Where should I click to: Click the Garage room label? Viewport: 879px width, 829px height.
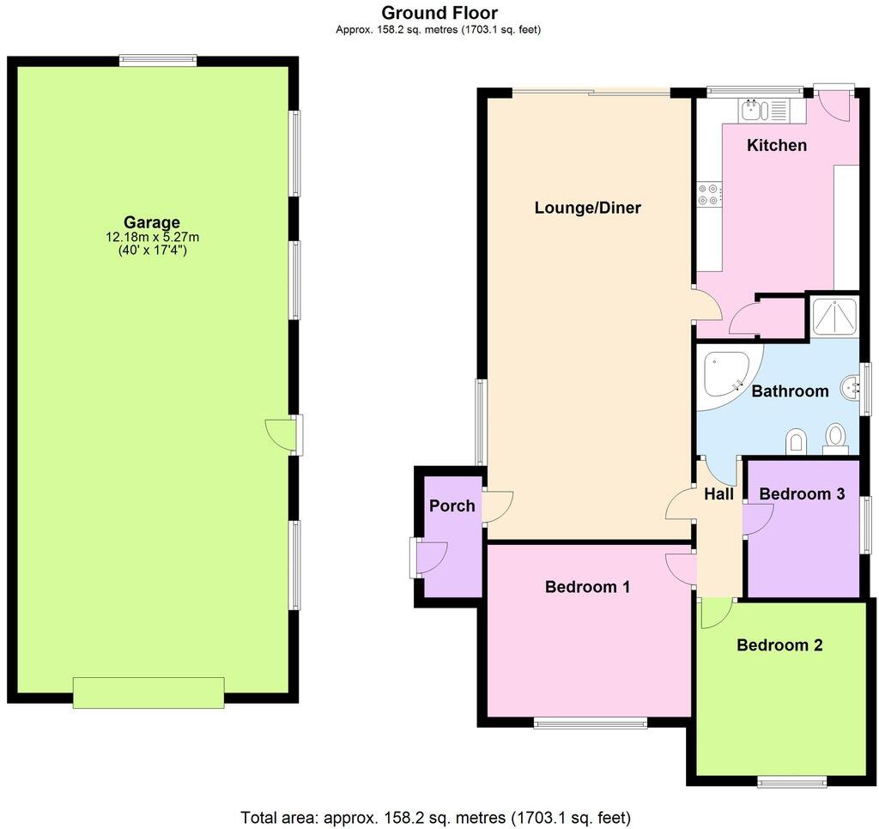(151, 222)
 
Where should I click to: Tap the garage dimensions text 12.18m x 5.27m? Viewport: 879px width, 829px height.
(151, 237)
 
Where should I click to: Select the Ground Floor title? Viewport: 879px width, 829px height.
(439, 13)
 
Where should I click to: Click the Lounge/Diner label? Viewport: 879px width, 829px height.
(587, 208)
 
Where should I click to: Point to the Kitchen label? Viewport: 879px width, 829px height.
(776, 145)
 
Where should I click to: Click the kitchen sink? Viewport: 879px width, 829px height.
(753, 109)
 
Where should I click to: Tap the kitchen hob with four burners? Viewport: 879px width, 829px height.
(709, 195)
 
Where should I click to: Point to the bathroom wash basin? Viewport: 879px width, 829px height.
(852, 388)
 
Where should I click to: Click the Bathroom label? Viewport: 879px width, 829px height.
(790, 391)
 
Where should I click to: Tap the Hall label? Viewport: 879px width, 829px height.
(718, 494)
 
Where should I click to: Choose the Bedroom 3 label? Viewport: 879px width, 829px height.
(802, 494)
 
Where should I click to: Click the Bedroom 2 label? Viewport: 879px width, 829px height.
(779, 645)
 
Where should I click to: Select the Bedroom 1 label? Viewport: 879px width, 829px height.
(587, 587)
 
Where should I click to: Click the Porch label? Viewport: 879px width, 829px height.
(452, 505)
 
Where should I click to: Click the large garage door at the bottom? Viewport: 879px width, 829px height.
(149, 692)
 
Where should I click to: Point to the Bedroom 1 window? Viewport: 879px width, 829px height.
(591, 723)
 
